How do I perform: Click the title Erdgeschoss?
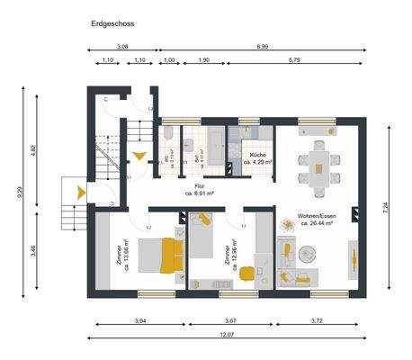point(112,26)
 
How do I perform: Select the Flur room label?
point(198,186)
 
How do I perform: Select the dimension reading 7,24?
point(385,206)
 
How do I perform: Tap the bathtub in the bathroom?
point(219,147)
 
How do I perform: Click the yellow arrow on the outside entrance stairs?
point(81,191)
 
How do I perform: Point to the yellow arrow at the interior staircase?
point(138,156)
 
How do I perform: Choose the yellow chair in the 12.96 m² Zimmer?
point(205,219)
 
